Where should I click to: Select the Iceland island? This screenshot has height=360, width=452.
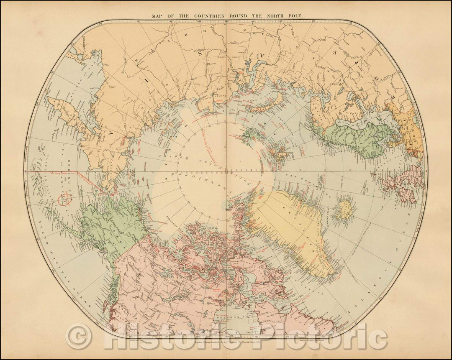coord(344,210)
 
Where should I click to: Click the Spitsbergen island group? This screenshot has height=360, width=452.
coord(278,155)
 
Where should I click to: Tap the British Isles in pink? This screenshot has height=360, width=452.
coord(402,184)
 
